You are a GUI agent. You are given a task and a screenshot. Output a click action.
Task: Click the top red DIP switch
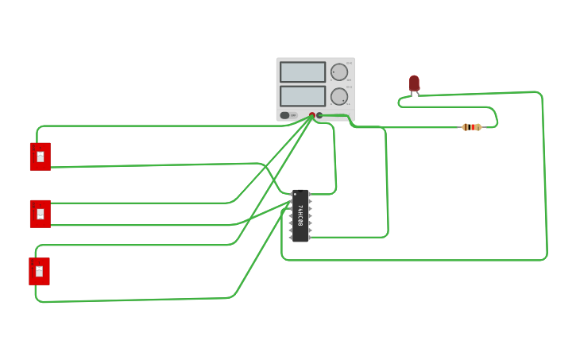(40, 157)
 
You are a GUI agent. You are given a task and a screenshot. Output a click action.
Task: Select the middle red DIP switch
(40, 214)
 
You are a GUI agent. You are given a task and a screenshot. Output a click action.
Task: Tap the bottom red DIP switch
(39, 271)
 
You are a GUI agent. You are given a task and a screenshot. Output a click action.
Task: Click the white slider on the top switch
(41, 157)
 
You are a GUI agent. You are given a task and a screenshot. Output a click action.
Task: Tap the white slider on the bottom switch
(39, 271)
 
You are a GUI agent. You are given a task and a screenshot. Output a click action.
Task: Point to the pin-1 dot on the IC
(295, 194)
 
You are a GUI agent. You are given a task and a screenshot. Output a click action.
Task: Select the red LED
(414, 83)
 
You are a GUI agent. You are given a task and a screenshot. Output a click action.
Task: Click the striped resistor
(472, 127)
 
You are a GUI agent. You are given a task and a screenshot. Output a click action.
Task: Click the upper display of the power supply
(303, 72)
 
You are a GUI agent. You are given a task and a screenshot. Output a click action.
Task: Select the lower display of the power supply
(303, 96)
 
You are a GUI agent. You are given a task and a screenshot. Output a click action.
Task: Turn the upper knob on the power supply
(339, 72)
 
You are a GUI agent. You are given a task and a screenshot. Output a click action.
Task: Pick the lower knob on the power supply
(339, 96)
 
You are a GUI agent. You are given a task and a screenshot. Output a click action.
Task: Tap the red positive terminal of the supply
(312, 115)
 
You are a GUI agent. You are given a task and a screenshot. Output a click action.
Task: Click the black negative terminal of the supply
(319, 115)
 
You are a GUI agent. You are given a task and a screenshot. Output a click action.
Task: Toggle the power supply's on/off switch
(285, 115)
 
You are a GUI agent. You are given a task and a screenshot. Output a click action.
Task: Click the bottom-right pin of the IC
(310, 238)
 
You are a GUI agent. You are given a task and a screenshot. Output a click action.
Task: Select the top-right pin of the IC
(310, 194)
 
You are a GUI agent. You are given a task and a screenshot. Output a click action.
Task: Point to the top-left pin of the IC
(291, 194)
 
